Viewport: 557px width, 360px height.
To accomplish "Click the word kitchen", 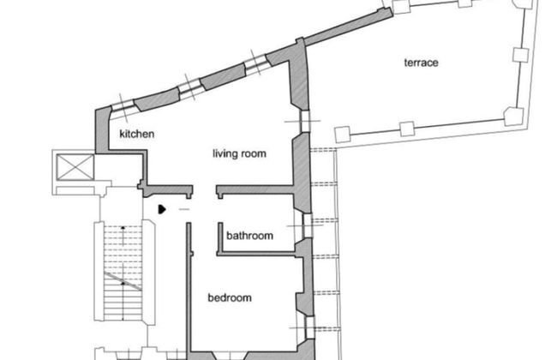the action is point(137,134).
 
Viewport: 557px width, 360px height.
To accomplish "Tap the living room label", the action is point(239,153).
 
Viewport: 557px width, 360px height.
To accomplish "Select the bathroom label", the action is point(249,236).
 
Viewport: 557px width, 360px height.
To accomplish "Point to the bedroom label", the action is point(230,297).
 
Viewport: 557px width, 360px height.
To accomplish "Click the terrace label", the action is point(421,63).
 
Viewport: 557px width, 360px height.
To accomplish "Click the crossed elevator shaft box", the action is point(75,166).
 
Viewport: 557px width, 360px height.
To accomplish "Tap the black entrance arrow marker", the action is point(162,209).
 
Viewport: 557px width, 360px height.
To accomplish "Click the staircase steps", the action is point(123,271).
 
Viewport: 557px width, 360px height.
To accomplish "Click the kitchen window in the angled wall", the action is point(123,105).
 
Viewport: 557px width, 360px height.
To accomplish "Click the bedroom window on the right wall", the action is point(310,327).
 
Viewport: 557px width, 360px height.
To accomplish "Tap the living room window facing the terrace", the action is point(304,121).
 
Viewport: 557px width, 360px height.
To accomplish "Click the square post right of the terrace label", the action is point(521,55).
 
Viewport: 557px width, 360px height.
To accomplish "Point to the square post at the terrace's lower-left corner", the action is point(343,135).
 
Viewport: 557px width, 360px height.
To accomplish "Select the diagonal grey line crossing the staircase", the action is point(123,281).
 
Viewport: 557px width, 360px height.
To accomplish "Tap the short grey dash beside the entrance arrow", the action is point(184,209).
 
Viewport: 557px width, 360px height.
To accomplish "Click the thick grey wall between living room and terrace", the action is point(299,74).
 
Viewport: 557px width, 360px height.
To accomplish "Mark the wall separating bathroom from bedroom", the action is point(255,254).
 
